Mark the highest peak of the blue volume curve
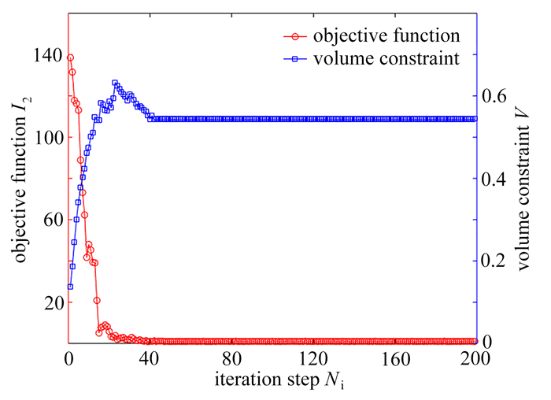click(x=115, y=83)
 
